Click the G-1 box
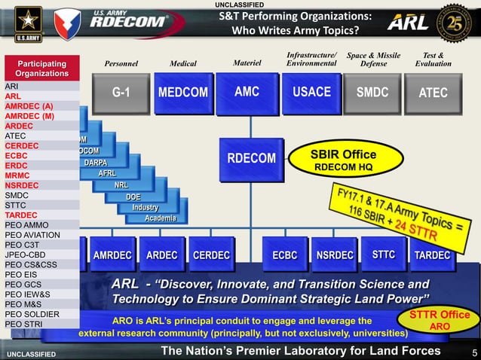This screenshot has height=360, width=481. (x=121, y=93)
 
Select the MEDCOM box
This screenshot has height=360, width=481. (x=183, y=93)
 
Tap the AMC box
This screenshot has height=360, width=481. (x=247, y=93)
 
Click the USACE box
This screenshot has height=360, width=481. (x=311, y=93)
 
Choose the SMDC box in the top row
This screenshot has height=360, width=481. (x=372, y=93)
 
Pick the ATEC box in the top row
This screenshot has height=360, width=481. (x=433, y=93)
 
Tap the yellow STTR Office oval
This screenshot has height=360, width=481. (x=439, y=320)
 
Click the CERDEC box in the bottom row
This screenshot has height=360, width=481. (x=211, y=255)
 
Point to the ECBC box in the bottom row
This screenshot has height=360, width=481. (x=284, y=255)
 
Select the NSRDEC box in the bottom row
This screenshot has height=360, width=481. (x=334, y=255)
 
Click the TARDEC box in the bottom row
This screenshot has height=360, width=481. (x=432, y=255)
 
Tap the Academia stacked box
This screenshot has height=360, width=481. (x=160, y=218)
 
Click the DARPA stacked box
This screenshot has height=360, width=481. (x=95, y=163)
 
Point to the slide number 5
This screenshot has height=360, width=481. (x=474, y=352)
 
